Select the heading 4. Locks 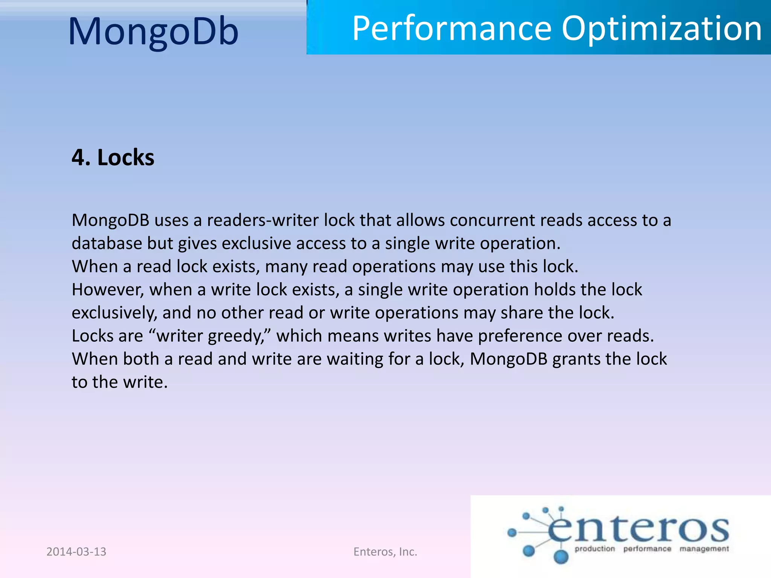[x=113, y=157]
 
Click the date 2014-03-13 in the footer [x=76, y=552]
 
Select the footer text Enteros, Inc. [x=385, y=552]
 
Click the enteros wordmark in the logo [x=638, y=529]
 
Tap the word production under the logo [x=594, y=549]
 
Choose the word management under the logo [x=704, y=549]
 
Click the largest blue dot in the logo [x=561, y=556]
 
